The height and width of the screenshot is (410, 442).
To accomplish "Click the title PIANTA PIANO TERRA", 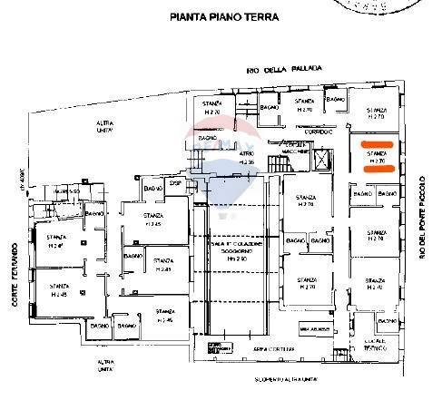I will pyautogui.click(x=223, y=17).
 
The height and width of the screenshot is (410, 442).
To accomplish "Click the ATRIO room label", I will pyautogui.click(x=221, y=156).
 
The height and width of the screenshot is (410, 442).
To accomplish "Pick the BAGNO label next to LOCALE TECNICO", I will pyautogui.click(x=389, y=323).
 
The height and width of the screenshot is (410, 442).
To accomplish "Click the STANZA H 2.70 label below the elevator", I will pyautogui.click(x=306, y=201).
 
